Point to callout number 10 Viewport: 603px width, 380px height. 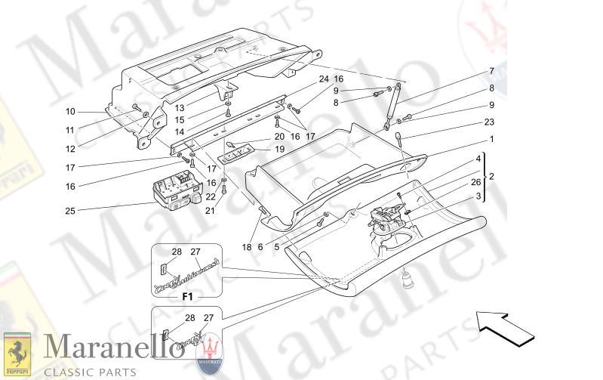pyautogui.click(x=70, y=111)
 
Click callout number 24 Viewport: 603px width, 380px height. pyautogui.click(x=323, y=79)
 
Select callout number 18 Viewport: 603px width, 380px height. pyautogui.click(x=246, y=247)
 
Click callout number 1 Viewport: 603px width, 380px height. pyautogui.click(x=492, y=139)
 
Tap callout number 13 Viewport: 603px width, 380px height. pyautogui.click(x=179, y=107)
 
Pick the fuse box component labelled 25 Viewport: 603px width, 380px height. pyautogui.click(x=174, y=191)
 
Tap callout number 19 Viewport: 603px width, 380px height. pyautogui.click(x=279, y=150)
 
